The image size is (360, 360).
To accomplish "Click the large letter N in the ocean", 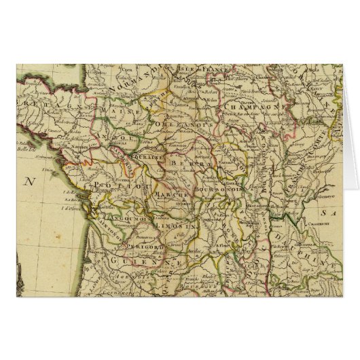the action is tap(29, 181).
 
